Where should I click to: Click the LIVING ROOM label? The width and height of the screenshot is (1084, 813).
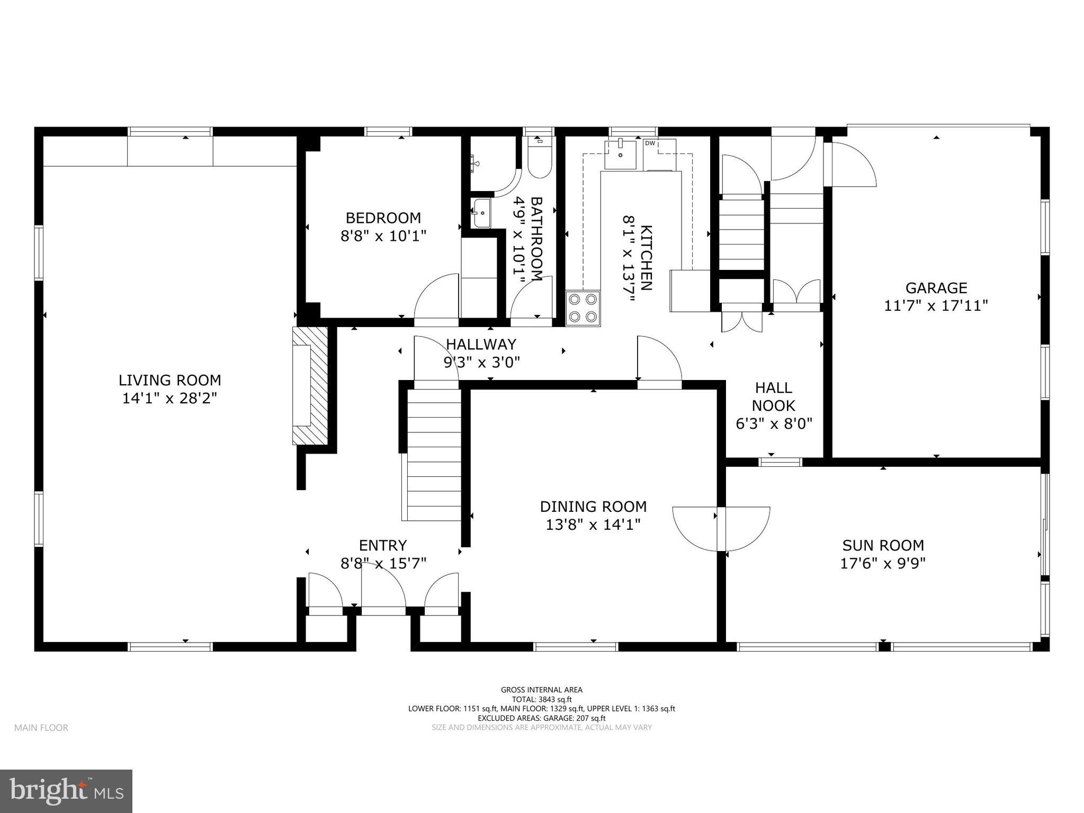click(169, 380)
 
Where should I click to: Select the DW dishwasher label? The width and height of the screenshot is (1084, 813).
click(650, 143)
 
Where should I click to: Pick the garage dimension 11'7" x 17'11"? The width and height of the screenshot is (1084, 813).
click(936, 306)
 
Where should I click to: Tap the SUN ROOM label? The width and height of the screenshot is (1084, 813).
click(883, 545)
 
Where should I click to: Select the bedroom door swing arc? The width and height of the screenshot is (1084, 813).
click(435, 296)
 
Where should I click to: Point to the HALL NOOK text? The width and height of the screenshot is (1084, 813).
click(774, 396)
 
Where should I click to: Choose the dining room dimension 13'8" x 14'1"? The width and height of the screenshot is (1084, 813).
click(593, 525)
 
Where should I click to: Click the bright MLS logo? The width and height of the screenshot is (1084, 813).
click(66, 791)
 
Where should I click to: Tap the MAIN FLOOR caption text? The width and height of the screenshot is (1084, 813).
click(41, 728)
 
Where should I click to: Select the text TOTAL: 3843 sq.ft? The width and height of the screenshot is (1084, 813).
click(541, 699)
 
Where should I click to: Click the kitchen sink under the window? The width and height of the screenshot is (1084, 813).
click(620, 154)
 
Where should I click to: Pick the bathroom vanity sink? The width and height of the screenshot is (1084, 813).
click(481, 213)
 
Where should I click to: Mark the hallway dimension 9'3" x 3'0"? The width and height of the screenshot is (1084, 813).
click(481, 363)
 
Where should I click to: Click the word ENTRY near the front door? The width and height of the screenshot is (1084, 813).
click(383, 545)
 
